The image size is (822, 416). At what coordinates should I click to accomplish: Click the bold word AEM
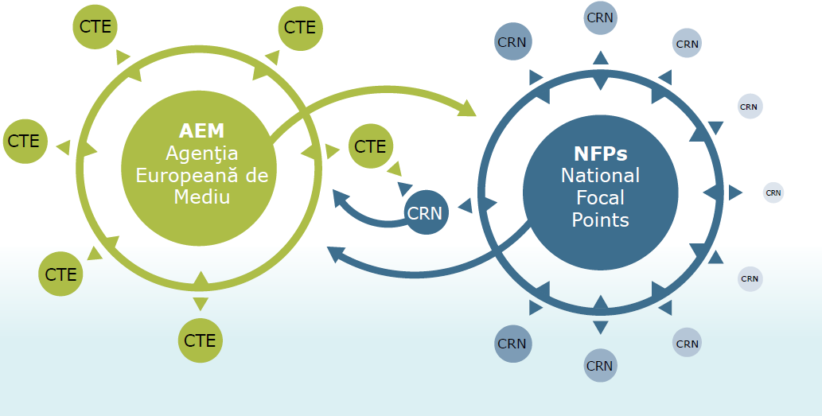201,130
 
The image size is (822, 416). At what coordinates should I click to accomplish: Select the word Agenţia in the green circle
201,153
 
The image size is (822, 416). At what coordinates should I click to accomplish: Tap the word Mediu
201,196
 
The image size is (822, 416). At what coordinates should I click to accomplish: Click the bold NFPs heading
600,154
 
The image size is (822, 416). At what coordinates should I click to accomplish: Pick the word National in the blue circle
600,175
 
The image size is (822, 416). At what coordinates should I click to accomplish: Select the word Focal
600,197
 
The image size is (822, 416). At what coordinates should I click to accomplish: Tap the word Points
600,220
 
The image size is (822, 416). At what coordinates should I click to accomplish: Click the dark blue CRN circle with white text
426,213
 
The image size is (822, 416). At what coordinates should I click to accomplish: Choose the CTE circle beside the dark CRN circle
370,146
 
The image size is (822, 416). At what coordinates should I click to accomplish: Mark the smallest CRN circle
773,192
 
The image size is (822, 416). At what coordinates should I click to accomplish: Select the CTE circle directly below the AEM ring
201,340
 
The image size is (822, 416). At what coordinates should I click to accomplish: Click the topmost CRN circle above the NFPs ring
601,17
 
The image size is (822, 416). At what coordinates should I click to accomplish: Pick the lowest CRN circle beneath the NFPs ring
600,366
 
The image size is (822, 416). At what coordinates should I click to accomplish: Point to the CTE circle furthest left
24,141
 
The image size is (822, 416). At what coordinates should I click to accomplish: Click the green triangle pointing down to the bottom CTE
201,303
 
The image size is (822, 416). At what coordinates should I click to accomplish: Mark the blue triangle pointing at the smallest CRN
735,192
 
